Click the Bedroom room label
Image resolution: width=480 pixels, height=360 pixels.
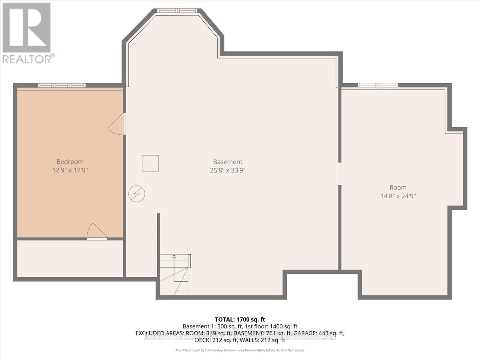click(x=70, y=162)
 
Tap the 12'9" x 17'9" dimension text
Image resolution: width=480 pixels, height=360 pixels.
click(x=70, y=170)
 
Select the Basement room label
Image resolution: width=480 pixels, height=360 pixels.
click(x=228, y=162)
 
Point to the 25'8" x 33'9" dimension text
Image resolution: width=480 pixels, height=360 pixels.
click(x=228, y=170)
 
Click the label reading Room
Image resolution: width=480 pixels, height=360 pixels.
click(x=398, y=187)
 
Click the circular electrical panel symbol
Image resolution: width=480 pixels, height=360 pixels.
click(x=137, y=194)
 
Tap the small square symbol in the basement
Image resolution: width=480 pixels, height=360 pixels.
click(x=150, y=163)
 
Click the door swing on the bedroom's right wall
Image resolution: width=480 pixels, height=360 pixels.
click(x=117, y=124)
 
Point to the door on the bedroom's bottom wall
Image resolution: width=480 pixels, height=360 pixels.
click(x=97, y=232)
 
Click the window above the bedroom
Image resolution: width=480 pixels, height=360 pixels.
click(x=62, y=85)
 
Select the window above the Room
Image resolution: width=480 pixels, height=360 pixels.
click(x=378, y=85)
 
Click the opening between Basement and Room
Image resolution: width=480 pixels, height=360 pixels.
click(x=340, y=174)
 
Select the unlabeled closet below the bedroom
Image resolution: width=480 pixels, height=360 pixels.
click(x=70, y=258)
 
